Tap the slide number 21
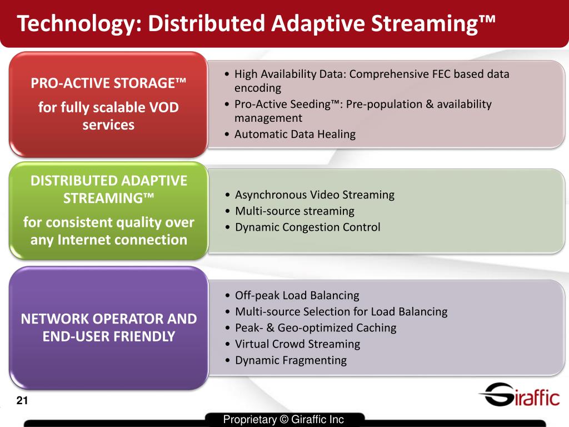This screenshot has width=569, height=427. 22,401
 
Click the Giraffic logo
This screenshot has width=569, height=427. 519,395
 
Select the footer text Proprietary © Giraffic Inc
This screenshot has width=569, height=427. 283,420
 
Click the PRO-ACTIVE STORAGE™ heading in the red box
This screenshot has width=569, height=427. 108,83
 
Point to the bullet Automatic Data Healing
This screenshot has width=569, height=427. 295,134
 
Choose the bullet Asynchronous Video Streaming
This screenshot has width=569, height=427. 315,195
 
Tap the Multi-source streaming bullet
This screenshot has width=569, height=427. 295,211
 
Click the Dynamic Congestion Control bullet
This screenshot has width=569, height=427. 308,227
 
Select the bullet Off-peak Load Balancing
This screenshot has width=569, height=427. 297,295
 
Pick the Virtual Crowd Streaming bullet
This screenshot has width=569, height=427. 297,344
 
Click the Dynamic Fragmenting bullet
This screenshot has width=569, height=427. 291,360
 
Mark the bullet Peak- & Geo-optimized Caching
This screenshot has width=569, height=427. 316,327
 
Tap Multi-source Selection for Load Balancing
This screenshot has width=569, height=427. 341,311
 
